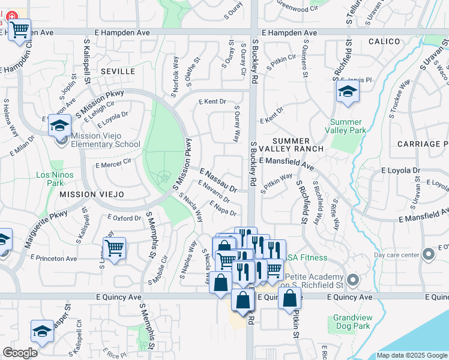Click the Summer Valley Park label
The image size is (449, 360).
[x=348, y=126]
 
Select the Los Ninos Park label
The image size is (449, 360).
[x=50, y=179]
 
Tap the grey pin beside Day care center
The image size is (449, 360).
[x=428, y=256]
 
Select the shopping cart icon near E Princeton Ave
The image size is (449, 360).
[x=113, y=247]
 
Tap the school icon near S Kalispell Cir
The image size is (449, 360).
[x=41, y=331]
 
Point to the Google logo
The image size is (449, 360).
[x=20, y=353]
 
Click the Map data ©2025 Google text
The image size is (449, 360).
[x=412, y=355]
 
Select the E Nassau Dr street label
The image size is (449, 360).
[x=218, y=180]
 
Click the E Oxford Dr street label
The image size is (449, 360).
[x=124, y=218]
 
